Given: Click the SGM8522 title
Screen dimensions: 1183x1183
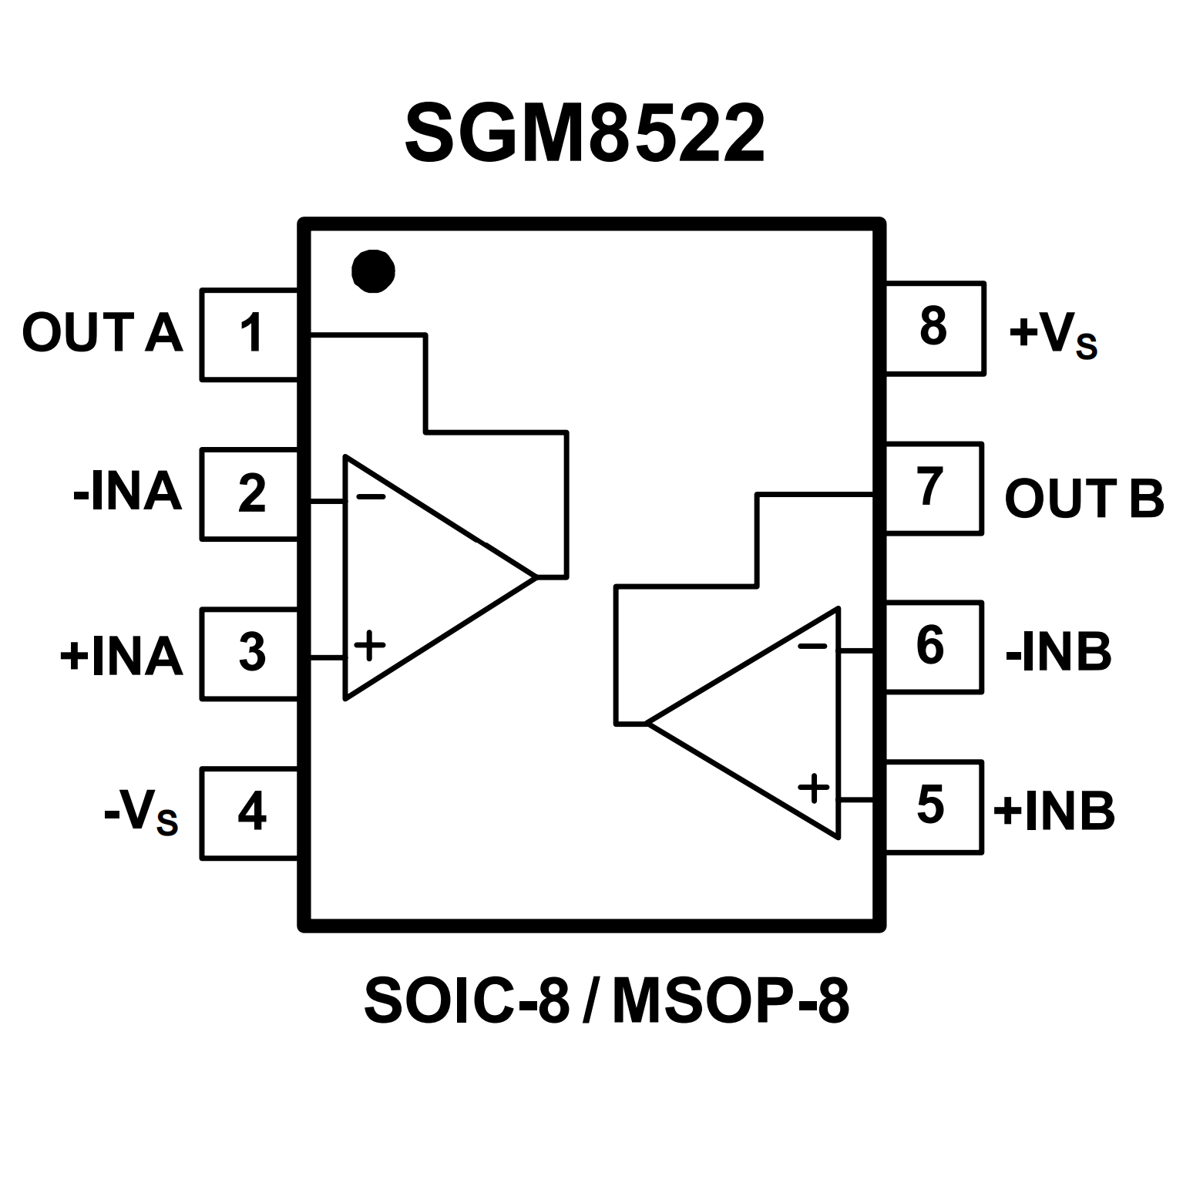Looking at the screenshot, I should (585, 134).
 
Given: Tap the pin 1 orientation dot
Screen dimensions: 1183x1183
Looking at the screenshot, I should (373, 271).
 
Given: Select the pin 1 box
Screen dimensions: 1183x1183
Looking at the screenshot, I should (250, 334).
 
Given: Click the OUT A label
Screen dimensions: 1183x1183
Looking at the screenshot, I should (103, 334).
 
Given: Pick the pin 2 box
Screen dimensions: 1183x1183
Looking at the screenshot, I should (250, 493).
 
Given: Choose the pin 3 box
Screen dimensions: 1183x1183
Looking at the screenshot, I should (250, 653).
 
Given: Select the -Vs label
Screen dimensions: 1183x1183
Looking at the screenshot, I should (141, 814).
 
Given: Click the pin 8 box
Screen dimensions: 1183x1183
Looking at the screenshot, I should (934, 328).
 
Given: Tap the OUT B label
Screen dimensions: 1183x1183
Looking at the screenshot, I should (1084, 499).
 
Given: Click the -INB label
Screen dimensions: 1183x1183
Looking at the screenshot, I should (1058, 653).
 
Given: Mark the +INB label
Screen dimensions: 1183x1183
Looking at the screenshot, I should (1054, 811).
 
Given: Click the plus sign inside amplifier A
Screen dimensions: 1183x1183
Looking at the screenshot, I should (370, 645).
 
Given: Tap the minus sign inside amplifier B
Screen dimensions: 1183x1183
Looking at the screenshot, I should (812, 646).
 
